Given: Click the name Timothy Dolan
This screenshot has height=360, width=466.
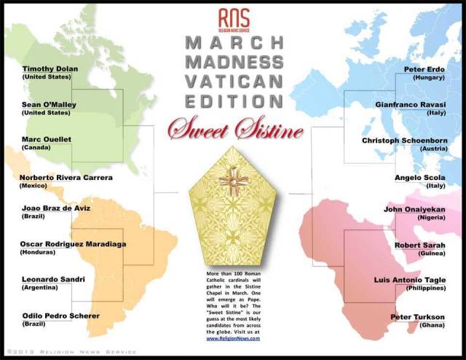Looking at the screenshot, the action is pos(49,69).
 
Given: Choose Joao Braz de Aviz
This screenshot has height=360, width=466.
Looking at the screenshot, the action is pos(55,208).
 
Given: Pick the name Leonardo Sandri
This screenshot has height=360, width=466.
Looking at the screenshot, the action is pos(53,280).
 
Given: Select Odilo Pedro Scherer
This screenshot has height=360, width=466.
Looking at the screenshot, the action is pos(61,316).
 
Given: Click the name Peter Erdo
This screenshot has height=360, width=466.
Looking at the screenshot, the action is pos(424,69).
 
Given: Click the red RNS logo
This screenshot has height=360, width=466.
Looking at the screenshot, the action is pos(234,18).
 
